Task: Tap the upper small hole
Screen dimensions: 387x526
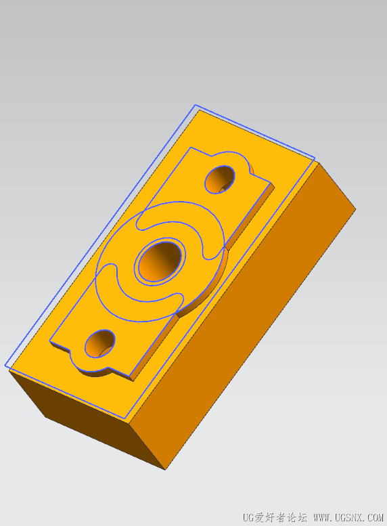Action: [220, 179]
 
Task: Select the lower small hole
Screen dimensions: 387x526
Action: [100, 343]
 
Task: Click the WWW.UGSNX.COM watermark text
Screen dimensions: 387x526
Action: [348, 517]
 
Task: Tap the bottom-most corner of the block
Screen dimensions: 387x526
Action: [166, 470]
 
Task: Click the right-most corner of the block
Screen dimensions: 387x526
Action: [355, 209]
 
